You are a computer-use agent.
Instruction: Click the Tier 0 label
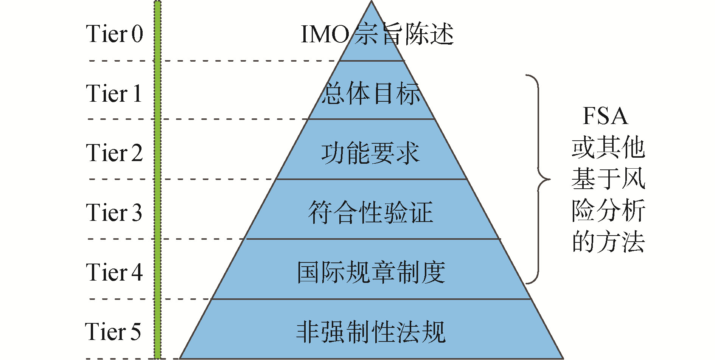114,34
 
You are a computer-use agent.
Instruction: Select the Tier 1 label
114,93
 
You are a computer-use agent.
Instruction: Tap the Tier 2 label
114,153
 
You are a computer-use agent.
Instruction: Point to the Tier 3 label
114,212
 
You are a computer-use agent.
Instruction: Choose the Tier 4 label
114,272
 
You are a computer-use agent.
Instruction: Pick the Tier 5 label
113,331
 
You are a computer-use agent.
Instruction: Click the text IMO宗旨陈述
377,34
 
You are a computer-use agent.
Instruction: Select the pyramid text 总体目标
371,93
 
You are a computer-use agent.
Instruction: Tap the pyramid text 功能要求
371,153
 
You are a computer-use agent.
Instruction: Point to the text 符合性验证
371,212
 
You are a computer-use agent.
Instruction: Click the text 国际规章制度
371,272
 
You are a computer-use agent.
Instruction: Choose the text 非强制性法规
371,332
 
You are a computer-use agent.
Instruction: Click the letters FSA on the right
605,116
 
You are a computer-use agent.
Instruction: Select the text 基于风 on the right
608,178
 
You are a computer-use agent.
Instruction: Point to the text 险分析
608,210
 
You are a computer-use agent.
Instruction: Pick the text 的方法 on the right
608,242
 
